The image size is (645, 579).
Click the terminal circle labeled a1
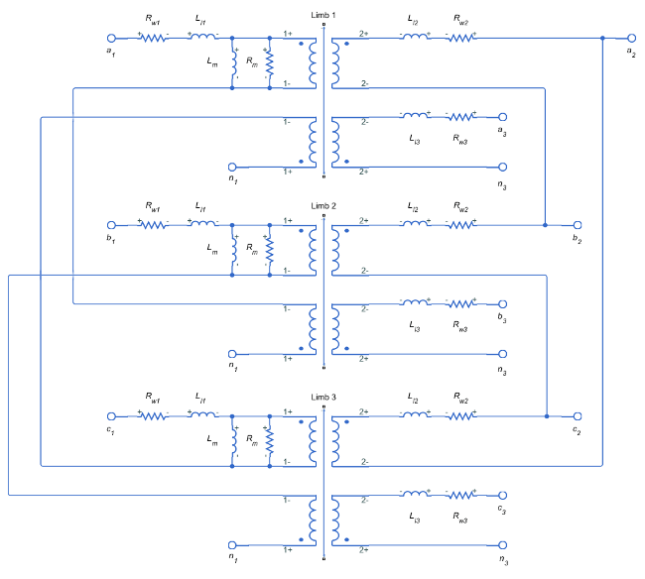(x=112, y=38)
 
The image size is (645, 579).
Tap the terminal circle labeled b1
(x=112, y=225)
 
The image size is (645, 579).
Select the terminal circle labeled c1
(x=112, y=415)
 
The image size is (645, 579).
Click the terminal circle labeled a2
(x=630, y=38)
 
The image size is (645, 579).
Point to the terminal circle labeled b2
(x=578, y=225)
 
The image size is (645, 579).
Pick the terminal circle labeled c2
(x=578, y=415)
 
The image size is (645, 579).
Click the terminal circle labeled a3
(x=503, y=116)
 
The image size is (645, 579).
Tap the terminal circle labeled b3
(x=503, y=303)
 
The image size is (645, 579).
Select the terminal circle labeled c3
(x=503, y=494)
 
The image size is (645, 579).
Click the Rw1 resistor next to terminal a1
(x=154, y=38)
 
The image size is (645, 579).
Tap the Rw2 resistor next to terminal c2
(x=461, y=415)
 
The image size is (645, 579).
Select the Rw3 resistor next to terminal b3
(x=461, y=303)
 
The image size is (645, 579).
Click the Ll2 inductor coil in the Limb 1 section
(x=414, y=38)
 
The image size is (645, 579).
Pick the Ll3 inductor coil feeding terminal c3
(x=414, y=494)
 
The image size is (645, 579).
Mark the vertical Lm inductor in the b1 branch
(x=233, y=251)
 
